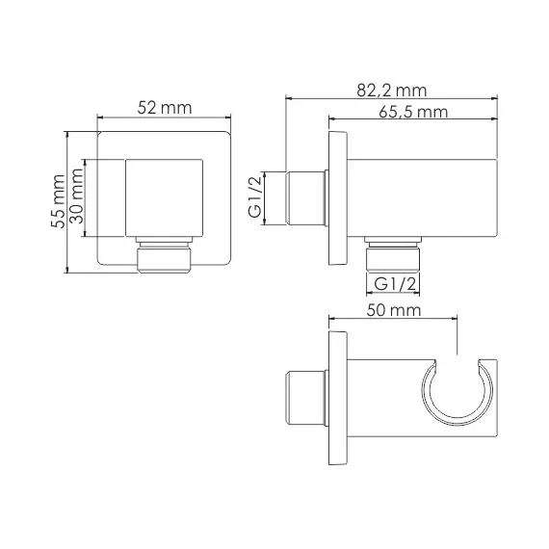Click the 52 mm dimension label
coord(165,108)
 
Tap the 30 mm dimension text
coord(77,198)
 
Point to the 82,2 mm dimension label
coord(389,90)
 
